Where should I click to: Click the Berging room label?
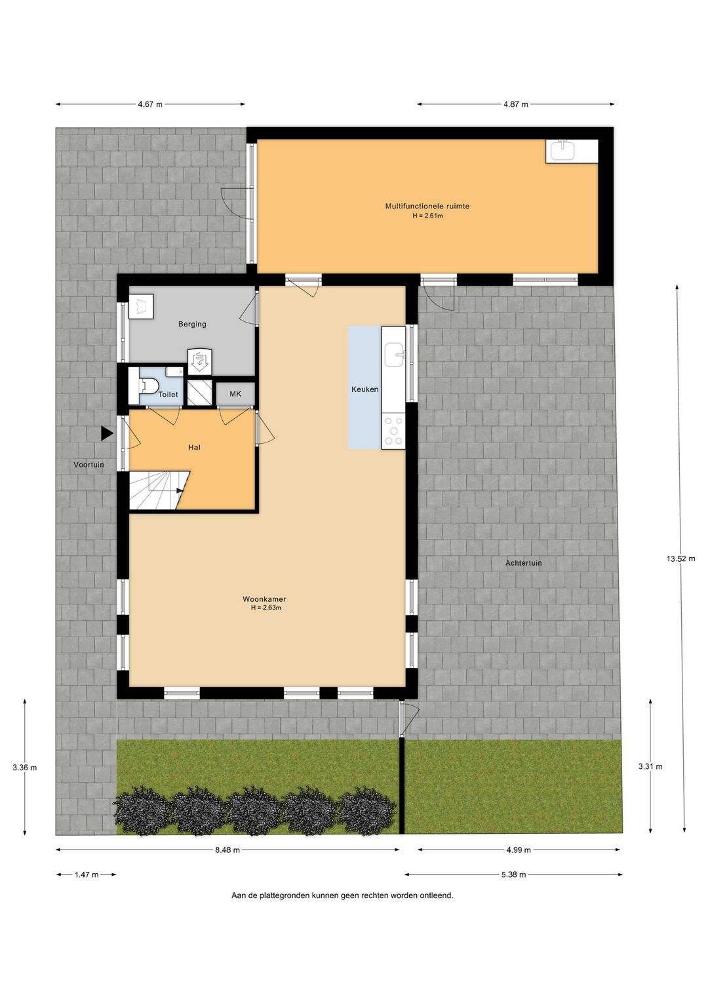point(192,324)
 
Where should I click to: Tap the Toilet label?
point(168,395)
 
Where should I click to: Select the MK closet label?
point(235,394)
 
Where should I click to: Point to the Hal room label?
point(194,447)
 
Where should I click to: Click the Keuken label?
point(364,389)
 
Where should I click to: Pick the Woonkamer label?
point(264,599)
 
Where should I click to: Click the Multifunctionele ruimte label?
point(427,206)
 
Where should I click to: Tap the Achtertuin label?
point(523,563)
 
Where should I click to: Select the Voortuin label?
point(88,465)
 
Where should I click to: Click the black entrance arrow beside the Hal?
point(106,433)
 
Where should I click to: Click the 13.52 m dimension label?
point(680,559)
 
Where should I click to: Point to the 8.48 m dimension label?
point(227,850)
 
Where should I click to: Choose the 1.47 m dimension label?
point(87,874)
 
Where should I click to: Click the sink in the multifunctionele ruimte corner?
point(562,151)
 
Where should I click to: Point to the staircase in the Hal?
point(159,490)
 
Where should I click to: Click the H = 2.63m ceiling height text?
point(266,608)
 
